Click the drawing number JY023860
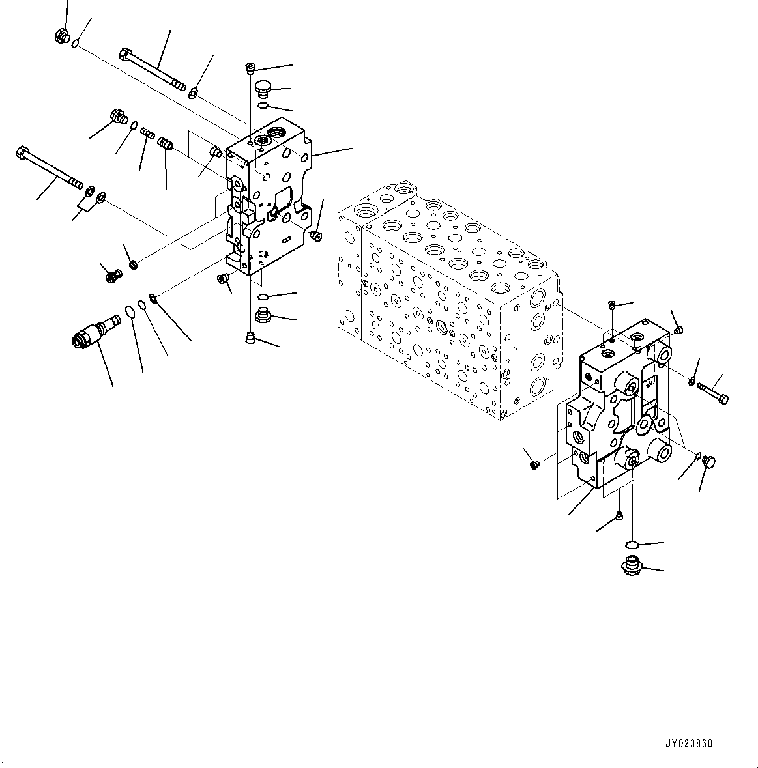click(688, 743)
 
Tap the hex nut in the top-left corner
click(62, 35)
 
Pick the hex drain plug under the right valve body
click(632, 565)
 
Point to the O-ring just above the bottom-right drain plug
click(632, 544)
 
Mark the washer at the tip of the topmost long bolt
click(193, 91)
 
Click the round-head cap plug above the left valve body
click(263, 89)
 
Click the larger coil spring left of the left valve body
click(166, 144)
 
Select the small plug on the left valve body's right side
click(316, 237)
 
